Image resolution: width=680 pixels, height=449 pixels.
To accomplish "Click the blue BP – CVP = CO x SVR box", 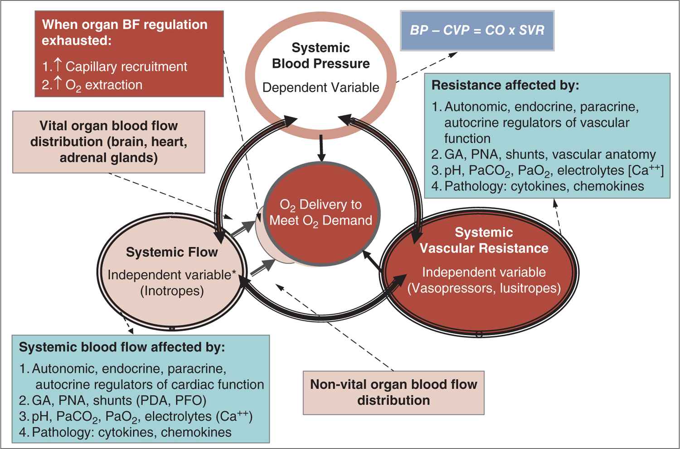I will coord(477,30).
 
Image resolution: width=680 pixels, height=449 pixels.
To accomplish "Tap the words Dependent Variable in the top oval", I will coord(321,88).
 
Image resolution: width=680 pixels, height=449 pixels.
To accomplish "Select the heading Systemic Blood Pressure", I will coord(321,55).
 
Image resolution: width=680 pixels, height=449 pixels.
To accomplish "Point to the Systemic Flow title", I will coord(172,252).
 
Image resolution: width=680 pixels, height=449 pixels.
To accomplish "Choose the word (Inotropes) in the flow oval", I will coord(172,291).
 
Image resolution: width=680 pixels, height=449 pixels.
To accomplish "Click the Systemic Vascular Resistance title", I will coord(484,240).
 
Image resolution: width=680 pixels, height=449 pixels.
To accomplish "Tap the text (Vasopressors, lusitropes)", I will coord(484,288).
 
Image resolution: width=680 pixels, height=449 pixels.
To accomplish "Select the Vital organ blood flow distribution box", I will coord(109,142).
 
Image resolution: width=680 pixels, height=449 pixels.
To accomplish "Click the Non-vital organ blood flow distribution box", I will coord(393,392).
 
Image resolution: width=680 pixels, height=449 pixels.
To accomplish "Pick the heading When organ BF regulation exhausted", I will coord(125,32).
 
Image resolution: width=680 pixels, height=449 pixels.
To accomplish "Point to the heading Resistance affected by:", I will coord(505,85).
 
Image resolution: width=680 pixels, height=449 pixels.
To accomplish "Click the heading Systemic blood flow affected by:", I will coord(121,347).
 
